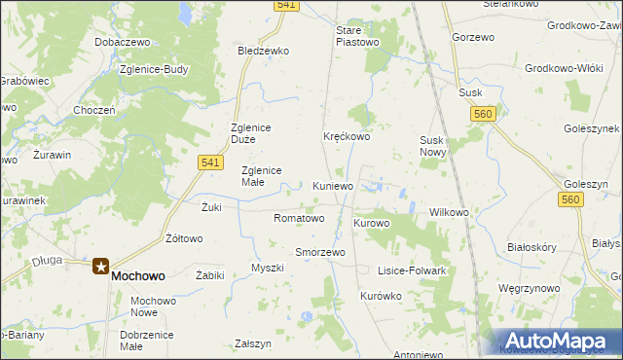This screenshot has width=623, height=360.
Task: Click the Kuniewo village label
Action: pos(334,185)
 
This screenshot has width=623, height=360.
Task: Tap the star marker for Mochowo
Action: pos(100,265)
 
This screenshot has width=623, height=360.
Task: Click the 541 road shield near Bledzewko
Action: pos(284,6)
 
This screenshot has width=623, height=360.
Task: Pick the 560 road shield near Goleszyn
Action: pos(570,199)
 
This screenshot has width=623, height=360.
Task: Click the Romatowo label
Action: pos(299,218)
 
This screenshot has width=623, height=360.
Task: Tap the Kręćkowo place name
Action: pos(347,137)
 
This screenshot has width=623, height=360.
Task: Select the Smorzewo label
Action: pos(320,252)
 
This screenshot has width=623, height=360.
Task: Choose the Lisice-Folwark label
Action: pos(412,270)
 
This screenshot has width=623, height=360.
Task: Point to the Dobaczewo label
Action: pos(121,43)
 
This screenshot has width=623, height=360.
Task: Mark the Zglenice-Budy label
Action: pos(152,70)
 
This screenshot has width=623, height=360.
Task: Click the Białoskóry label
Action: pos(531,247)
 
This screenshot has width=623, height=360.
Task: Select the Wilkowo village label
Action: pos(450,212)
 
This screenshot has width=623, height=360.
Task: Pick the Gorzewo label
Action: pos(473,36)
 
